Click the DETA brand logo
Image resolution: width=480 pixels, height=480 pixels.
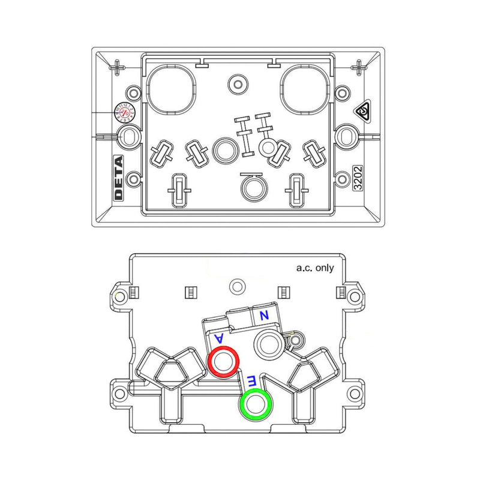pyautogui.click(x=118, y=178)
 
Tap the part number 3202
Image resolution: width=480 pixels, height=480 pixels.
pyautogui.click(x=358, y=179)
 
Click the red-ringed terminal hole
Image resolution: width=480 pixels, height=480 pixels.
pyautogui.click(x=223, y=362)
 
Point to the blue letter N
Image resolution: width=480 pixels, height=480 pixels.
pyautogui.click(x=263, y=314)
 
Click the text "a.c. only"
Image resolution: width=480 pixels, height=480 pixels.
pyautogui.click(x=315, y=268)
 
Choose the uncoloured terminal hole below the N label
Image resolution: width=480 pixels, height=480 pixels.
pyautogui.click(x=268, y=344)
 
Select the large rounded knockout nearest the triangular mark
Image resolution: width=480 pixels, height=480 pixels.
pyautogui.click(x=307, y=88)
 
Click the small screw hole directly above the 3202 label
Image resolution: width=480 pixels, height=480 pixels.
pyautogui.click(x=342, y=179)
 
